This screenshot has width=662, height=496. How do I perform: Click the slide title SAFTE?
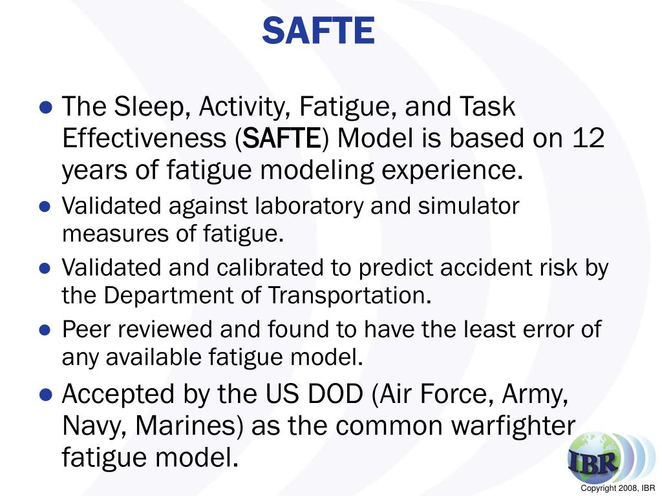click(318, 30)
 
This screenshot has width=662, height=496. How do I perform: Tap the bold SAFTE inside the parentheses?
click(284, 139)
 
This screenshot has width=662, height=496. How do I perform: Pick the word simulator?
click(469, 206)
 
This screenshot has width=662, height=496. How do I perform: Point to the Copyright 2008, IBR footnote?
click(618, 488)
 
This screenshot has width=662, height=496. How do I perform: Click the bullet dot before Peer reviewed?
click(45, 330)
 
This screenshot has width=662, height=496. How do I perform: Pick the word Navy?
click(91, 426)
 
